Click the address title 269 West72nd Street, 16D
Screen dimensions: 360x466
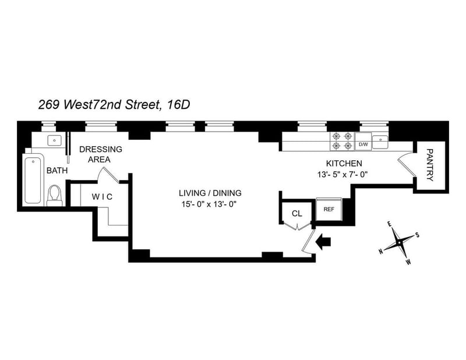[x=114, y=105]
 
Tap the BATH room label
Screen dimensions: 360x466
[x=58, y=171]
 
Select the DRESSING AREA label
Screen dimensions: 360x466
[x=101, y=154]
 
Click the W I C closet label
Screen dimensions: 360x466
[x=102, y=196]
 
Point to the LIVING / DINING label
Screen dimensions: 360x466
[x=210, y=193]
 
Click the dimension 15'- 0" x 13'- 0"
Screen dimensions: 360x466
[x=210, y=204]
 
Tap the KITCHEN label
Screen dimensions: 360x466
[x=344, y=163]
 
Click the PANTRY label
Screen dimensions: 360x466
[x=430, y=165]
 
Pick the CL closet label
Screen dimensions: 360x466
[x=297, y=213]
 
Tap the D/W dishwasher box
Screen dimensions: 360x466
[x=363, y=143]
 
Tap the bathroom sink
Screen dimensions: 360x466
[x=54, y=140]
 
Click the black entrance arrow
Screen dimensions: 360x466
[x=322, y=240]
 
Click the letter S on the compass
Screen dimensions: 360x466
[x=417, y=235]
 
